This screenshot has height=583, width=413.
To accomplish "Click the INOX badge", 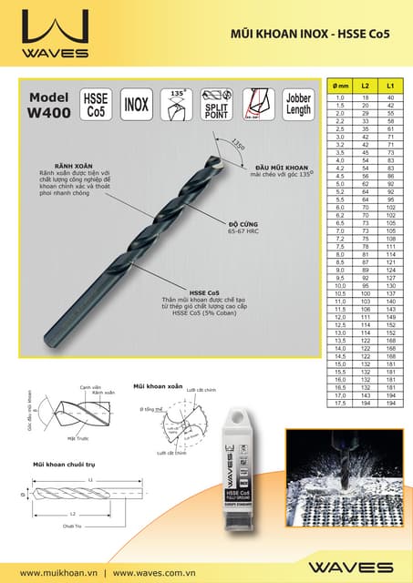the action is tap(136, 103).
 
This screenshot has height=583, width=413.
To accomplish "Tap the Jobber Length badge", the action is tap(297, 103).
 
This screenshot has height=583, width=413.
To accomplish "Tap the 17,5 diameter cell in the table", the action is tap(339, 403).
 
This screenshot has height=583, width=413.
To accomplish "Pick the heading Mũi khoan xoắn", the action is tap(158, 386).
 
